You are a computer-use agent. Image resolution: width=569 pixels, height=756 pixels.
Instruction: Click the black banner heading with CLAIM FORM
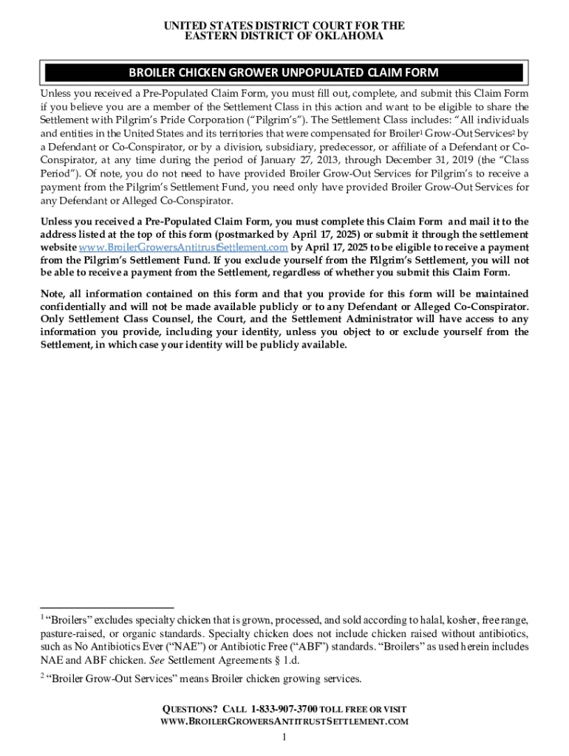284,72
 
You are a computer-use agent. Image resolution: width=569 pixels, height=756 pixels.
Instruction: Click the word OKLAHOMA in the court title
350,36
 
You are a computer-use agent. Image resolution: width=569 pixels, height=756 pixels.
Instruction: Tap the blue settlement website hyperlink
183,247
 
